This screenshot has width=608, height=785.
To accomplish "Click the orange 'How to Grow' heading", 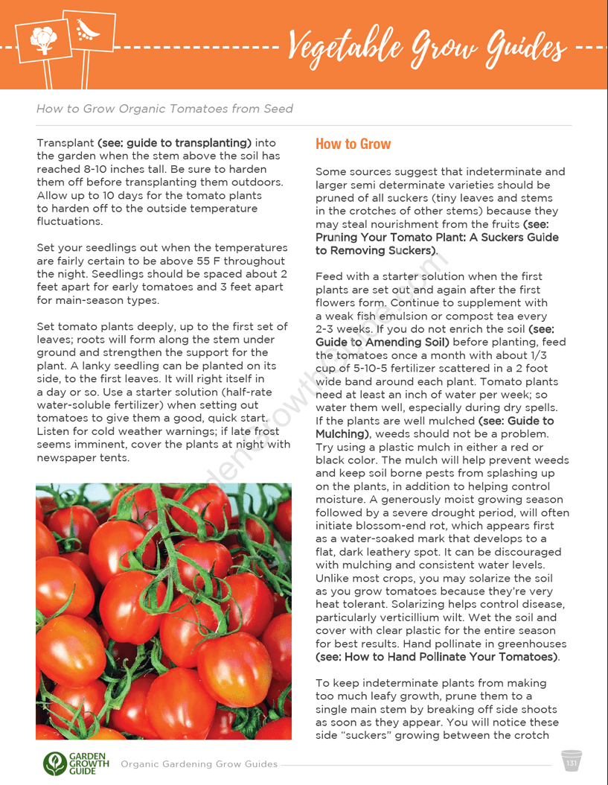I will pyautogui.click(x=353, y=144).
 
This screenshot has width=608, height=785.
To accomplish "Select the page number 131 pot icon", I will pyautogui.click(x=572, y=762).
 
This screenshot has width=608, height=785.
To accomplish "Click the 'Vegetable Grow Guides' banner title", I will pyautogui.click(x=427, y=46).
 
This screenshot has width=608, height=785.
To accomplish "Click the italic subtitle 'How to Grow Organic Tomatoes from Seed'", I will pyautogui.click(x=164, y=109).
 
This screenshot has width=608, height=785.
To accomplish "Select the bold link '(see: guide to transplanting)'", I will pyautogui.click(x=175, y=143).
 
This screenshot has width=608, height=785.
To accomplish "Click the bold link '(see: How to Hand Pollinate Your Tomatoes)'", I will pyautogui.click(x=437, y=657).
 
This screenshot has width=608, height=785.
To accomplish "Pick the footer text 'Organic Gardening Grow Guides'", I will pyautogui.click(x=199, y=764).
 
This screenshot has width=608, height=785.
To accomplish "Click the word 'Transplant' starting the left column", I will pyautogui.click(x=65, y=143).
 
